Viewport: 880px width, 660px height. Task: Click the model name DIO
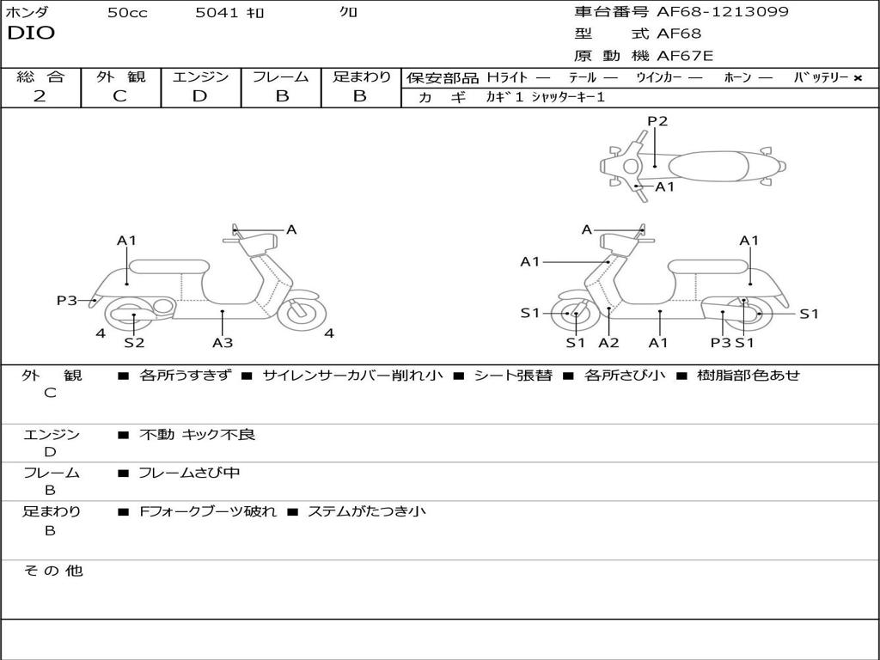pyautogui.click(x=31, y=34)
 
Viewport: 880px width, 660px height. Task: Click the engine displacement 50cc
pyautogui.click(x=127, y=13)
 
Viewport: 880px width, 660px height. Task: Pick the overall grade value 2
pyautogui.click(x=40, y=96)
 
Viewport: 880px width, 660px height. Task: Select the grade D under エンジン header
pyautogui.click(x=199, y=96)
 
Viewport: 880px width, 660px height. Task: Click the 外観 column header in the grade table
pyautogui.click(x=120, y=76)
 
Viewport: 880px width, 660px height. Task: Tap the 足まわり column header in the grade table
pyautogui.click(x=361, y=76)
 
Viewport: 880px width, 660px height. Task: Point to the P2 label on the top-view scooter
pyautogui.click(x=657, y=121)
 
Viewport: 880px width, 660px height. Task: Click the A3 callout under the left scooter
pyautogui.click(x=223, y=343)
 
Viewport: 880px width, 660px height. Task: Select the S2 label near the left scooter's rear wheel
pyautogui.click(x=134, y=343)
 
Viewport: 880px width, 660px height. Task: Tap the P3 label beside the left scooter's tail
pyautogui.click(x=67, y=300)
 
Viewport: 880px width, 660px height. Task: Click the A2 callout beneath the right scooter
pyautogui.click(x=608, y=343)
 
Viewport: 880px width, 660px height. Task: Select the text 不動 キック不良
pyautogui.click(x=198, y=435)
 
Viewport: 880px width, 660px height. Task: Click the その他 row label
pyautogui.click(x=52, y=571)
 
